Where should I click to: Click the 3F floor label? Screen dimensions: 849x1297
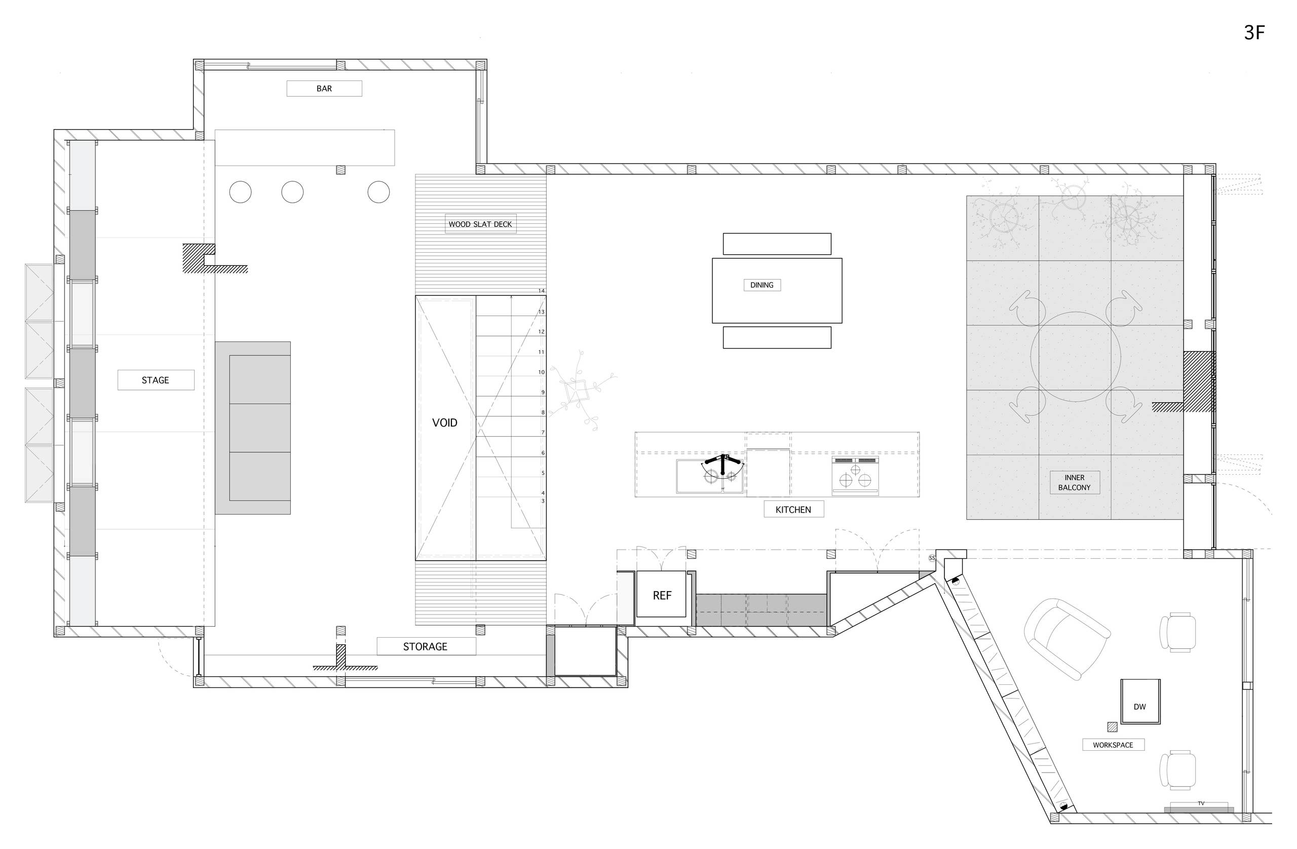click(x=1254, y=33)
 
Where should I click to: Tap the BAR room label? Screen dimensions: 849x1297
click(x=324, y=88)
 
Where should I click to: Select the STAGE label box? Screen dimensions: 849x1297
click(x=156, y=380)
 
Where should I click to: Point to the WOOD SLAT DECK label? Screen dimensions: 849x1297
click(x=480, y=224)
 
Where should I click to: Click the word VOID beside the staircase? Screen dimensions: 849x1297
click(x=445, y=422)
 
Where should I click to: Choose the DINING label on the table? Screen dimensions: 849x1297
click(x=762, y=285)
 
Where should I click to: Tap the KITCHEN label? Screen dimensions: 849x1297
click(x=793, y=510)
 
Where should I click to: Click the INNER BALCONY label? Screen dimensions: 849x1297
click(x=1074, y=482)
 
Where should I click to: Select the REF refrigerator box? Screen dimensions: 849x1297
click(x=662, y=596)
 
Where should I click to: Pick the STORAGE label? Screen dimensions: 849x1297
click(x=425, y=646)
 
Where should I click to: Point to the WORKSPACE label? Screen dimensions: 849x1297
click(x=1113, y=745)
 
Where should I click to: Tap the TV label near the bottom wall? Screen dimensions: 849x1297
click(x=1201, y=803)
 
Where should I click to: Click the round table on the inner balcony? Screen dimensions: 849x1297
click(x=1076, y=357)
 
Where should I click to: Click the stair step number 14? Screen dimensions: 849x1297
click(x=541, y=291)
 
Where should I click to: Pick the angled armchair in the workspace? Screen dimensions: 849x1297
click(x=1066, y=638)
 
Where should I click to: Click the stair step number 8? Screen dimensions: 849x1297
click(x=543, y=412)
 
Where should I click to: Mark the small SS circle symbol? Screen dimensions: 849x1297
click(x=932, y=558)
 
